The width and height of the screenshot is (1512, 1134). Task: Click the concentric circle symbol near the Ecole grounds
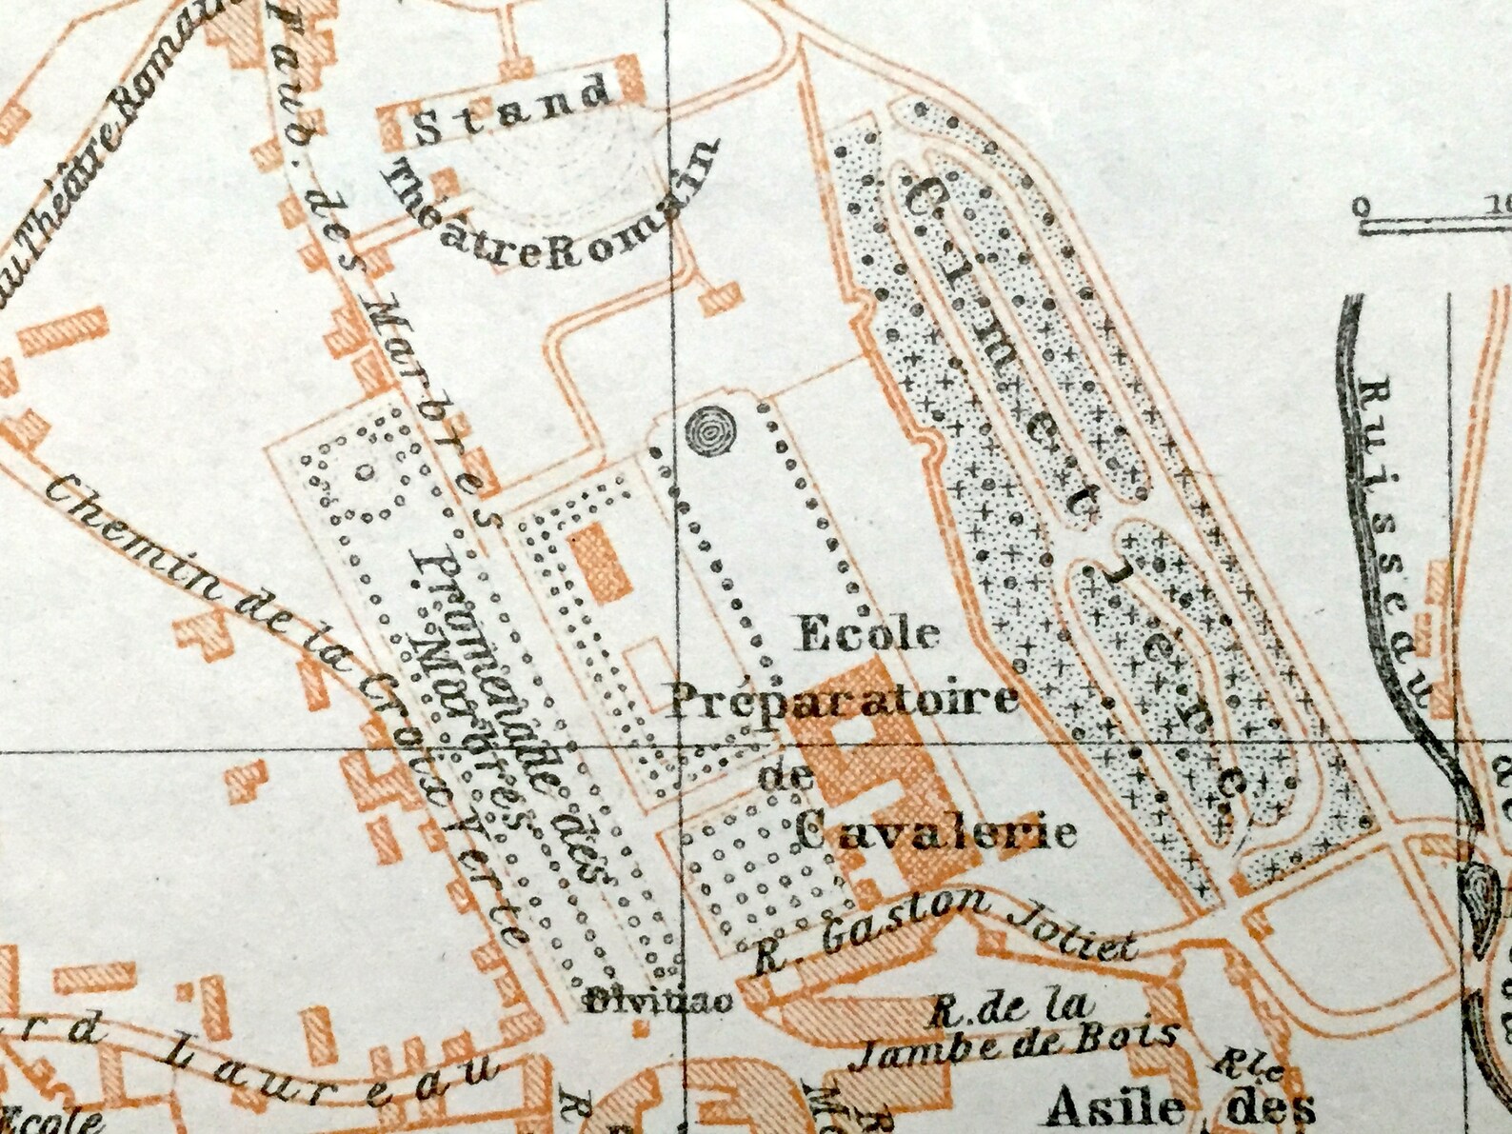710,433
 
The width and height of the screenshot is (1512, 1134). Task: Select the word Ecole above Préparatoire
868,633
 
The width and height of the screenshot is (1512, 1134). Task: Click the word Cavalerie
935,831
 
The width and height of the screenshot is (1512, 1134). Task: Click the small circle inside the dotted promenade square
363,470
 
